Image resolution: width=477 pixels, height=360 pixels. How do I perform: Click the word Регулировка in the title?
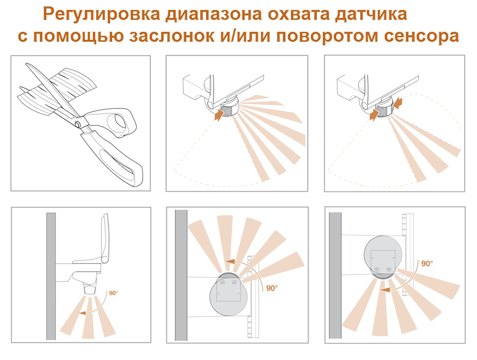click(x=101, y=14)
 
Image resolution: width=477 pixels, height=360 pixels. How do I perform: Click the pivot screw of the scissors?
click(x=78, y=123)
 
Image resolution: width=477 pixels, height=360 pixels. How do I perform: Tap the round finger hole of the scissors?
click(x=120, y=121)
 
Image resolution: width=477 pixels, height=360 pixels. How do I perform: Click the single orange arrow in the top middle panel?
click(x=219, y=115)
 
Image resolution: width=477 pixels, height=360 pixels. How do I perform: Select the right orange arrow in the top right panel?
click(x=398, y=102)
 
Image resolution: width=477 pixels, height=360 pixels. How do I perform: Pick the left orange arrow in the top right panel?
click(x=374, y=115)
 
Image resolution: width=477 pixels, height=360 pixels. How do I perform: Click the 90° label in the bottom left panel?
click(x=113, y=293)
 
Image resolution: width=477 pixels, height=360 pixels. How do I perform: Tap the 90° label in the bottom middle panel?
click(x=272, y=288)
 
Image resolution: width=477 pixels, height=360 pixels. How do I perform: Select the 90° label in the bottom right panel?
click(x=427, y=264)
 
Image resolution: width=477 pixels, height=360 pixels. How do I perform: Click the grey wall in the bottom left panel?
click(x=51, y=276)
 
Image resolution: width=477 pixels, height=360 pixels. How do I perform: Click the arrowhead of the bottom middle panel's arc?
click(x=230, y=262)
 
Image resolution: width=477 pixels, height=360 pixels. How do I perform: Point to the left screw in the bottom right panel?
click(x=377, y=269)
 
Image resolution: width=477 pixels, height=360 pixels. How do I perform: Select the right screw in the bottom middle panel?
click(x=234, y=282)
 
